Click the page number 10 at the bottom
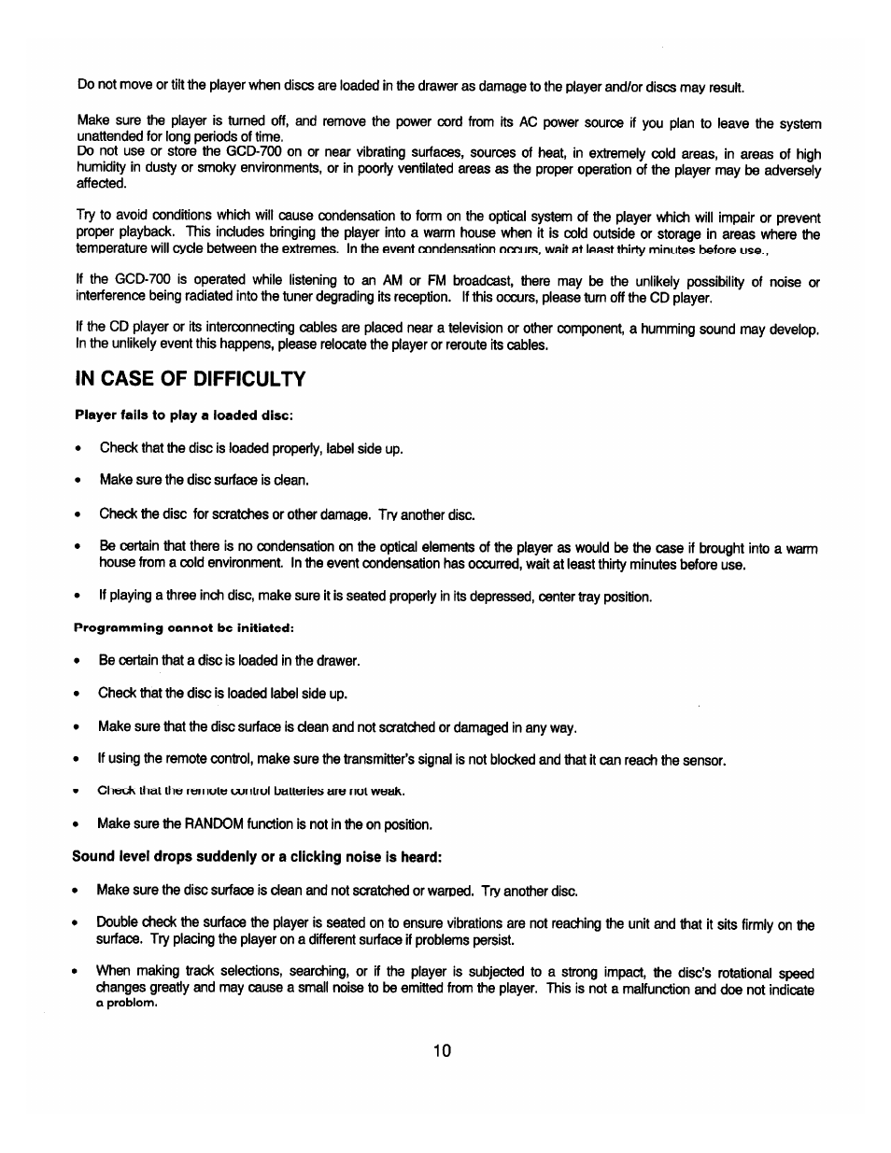pos(442,1050)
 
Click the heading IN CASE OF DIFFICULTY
pos(191,378)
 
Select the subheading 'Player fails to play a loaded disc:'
pos(184,415)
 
